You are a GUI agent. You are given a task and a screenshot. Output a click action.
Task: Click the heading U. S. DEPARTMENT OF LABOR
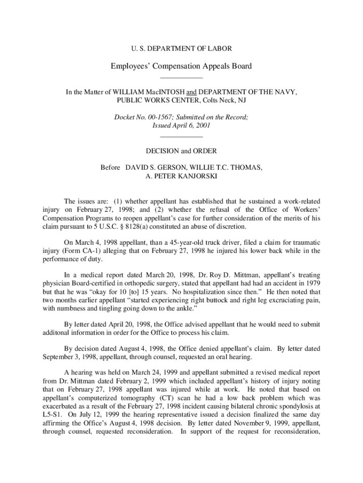181,48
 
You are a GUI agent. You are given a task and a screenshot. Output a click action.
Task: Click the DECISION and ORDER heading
181,151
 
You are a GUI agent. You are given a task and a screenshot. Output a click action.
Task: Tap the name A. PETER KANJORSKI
181,176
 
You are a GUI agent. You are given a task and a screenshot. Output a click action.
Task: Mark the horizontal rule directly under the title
181,77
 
